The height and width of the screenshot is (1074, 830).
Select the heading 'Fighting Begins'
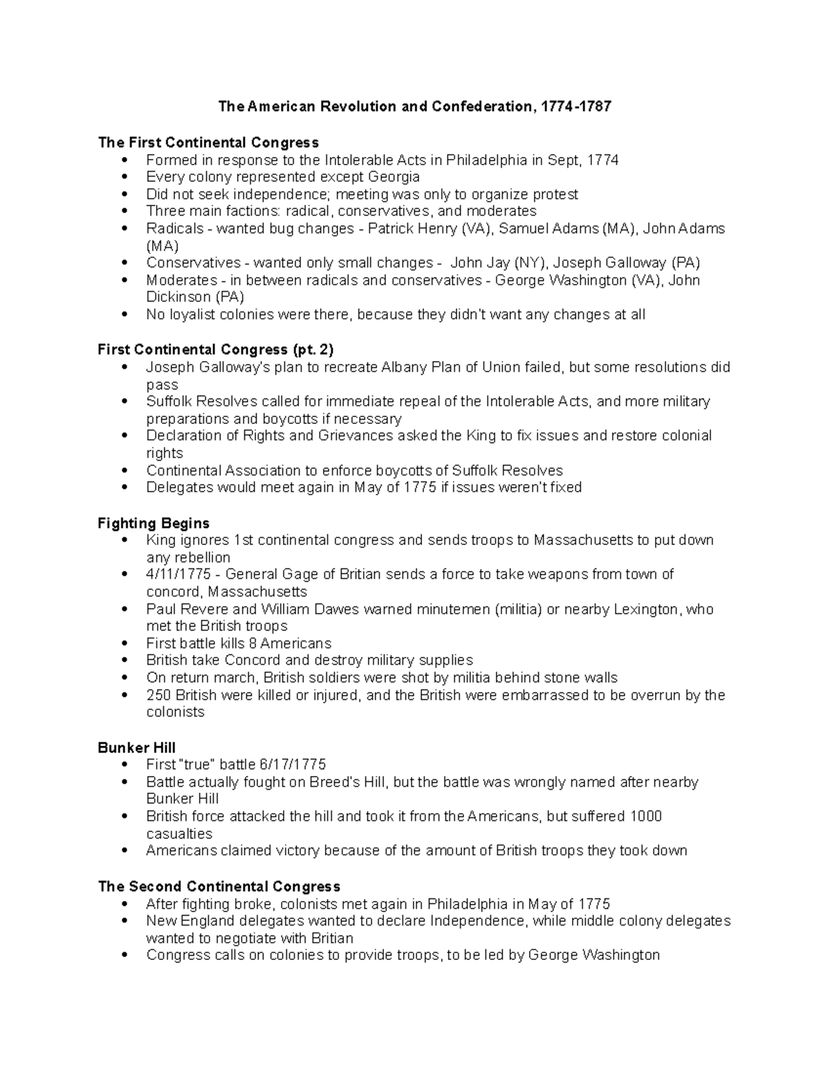[x=154, y=523]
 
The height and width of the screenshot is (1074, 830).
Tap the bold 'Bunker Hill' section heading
[x=136, y=748]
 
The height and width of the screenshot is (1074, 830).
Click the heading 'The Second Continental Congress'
[x=219, y=886]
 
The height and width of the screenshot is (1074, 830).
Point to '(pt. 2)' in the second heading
[x=313, y=349]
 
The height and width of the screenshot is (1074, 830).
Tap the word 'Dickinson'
[x=178, y=297]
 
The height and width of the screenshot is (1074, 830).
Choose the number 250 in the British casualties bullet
[x=158, y=695]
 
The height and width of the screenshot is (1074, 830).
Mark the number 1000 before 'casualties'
[x=645, y=816]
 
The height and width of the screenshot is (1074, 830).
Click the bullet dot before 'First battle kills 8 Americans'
[x=124, y=644]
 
